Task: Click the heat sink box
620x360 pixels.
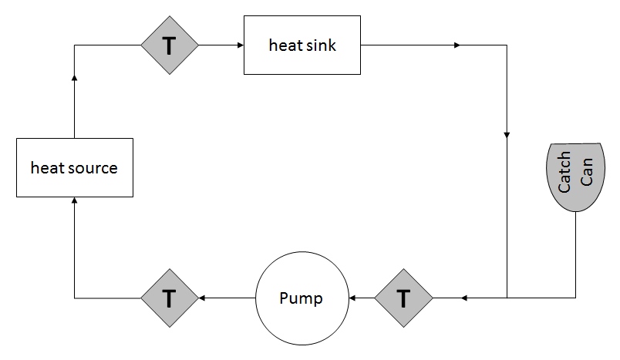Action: (302, 45)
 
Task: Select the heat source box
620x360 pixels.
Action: (74, 167)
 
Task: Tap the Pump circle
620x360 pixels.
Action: (302, 298)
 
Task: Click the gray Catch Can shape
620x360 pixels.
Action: (575, 176)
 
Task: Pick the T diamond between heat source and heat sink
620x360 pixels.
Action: (170, 45)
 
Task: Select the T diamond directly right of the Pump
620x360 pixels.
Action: (403, 298)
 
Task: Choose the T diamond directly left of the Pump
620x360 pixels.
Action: (170, 298)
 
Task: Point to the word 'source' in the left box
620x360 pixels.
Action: (93, 167)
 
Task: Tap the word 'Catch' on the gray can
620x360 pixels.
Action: (565, 173)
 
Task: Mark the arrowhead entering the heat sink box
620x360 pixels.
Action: (240, 45)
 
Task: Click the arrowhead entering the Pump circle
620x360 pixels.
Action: (351, 298)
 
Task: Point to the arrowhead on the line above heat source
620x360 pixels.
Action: (74, 77)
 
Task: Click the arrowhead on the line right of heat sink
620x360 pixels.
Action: (457, 45)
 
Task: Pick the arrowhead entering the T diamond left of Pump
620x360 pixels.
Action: (202, 298)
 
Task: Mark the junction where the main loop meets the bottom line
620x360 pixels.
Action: (507, 298)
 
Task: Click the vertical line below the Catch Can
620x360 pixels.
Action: (575, 254)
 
